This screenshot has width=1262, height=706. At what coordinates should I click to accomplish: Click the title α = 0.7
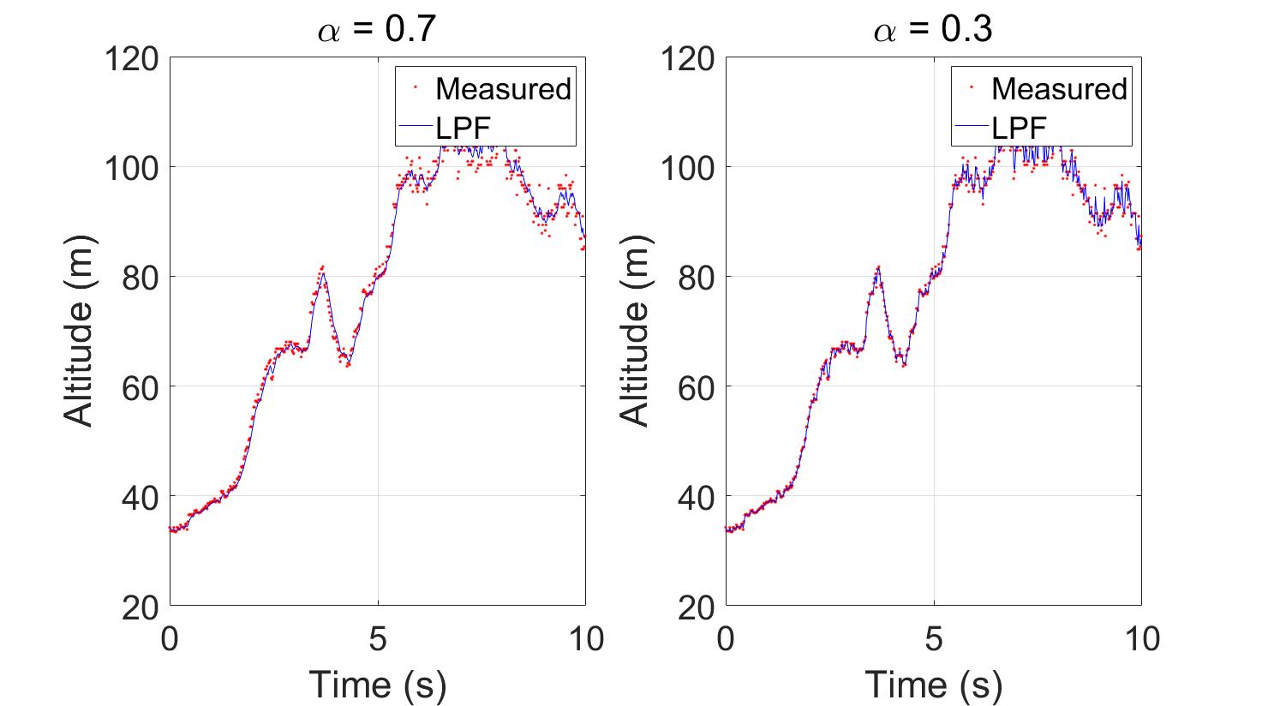[377, 30]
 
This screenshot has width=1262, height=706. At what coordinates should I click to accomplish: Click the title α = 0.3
[933, 30]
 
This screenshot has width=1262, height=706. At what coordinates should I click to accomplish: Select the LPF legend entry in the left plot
[462, 129]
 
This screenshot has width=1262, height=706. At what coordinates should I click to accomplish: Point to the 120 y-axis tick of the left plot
[130, 59]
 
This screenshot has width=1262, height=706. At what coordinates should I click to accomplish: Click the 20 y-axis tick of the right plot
[697, 607]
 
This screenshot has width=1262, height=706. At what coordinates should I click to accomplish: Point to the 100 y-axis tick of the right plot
[687, 168]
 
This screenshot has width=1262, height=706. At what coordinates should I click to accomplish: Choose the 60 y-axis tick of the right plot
[697, 387]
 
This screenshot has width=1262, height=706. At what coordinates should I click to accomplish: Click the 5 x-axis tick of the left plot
[378, 639]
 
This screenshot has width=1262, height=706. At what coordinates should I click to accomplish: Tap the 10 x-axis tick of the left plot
[585, 639]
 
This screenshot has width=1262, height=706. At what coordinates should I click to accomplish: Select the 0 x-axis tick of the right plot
[727, 639]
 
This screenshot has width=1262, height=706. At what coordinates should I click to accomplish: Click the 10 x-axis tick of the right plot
[1140, 639]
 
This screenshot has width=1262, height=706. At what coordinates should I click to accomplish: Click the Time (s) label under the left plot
[377, 684]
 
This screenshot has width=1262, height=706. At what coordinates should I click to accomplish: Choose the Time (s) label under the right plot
[933, 684]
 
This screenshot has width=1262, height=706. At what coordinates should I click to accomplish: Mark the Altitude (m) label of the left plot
[80, 332]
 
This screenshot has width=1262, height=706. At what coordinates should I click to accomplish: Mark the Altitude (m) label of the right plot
[635, 332]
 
